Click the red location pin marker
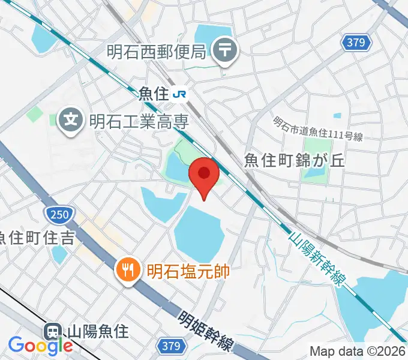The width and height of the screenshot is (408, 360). pyautogui.click(x=203, y=175)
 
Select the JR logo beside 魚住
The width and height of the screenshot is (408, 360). pyautogui.click(x=179, y=94)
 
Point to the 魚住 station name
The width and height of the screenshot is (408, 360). pyautogui.click(x=152, y=94)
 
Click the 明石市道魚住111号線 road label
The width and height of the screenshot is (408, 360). pyautogui.click(x=318, y=130)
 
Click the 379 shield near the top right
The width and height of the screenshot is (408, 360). pyautogui.click(x=358, y=42)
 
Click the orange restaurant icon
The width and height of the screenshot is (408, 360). pyautogui.click(x=127, y=269)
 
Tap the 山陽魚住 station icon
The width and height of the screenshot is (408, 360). pyautogui.click(x=53, y=331)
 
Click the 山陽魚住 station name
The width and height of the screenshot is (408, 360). pyautogui.click(x=97, y=331)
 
